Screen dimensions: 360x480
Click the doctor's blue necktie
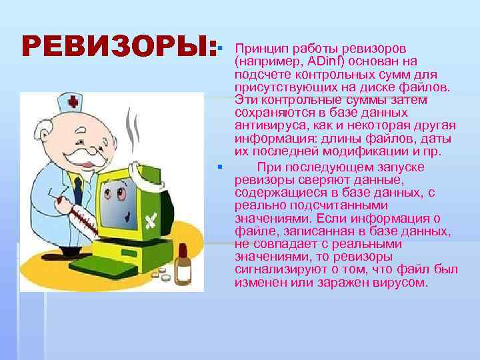coord(79,189)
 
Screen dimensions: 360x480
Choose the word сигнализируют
coord(283,269)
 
